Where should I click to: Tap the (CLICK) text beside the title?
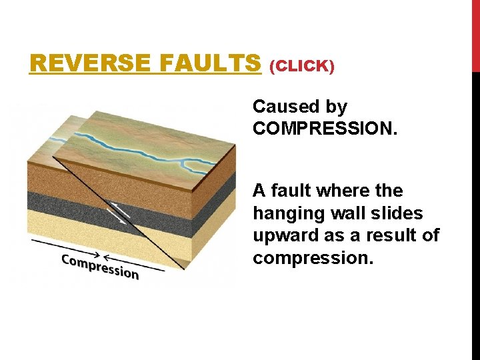coord(301,66)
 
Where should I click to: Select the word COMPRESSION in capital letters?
coord(325,128)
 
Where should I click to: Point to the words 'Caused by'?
coord(299,107)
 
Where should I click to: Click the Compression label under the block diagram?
coord(100,265)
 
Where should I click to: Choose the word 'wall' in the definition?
coord(349,213)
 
